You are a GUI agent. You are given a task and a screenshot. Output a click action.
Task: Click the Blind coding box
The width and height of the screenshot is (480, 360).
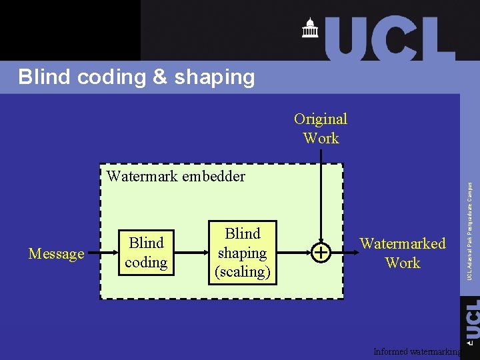(146, 253)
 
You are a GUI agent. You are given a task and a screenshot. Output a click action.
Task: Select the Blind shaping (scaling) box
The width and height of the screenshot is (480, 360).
(242, 253)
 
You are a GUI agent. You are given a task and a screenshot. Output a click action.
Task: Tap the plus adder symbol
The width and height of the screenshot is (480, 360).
(321, 253)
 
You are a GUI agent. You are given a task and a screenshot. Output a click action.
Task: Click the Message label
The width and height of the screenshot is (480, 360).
(57, 253)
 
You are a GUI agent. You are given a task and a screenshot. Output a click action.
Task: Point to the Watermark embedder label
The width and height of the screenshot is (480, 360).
(175, 177)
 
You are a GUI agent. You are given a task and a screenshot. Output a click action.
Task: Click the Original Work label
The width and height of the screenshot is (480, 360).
(321, 129)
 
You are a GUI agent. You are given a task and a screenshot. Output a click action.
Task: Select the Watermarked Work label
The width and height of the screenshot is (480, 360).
(403, 253)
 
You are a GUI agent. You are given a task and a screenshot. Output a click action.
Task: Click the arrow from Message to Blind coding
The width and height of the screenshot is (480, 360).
(101, 253)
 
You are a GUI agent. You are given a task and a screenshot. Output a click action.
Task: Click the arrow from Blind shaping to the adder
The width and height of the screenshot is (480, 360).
(293, 253)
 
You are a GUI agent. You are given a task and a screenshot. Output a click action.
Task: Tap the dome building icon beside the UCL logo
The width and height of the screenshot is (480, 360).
(310, 28)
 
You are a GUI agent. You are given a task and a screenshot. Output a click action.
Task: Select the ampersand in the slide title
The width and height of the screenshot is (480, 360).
(159, 77)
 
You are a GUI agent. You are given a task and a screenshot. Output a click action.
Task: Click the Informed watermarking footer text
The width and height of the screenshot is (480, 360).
(417, 351)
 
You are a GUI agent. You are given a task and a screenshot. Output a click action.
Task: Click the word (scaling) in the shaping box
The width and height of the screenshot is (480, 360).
(242, 272)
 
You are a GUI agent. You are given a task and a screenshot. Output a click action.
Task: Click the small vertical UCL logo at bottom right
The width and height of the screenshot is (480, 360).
(471, 320)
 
